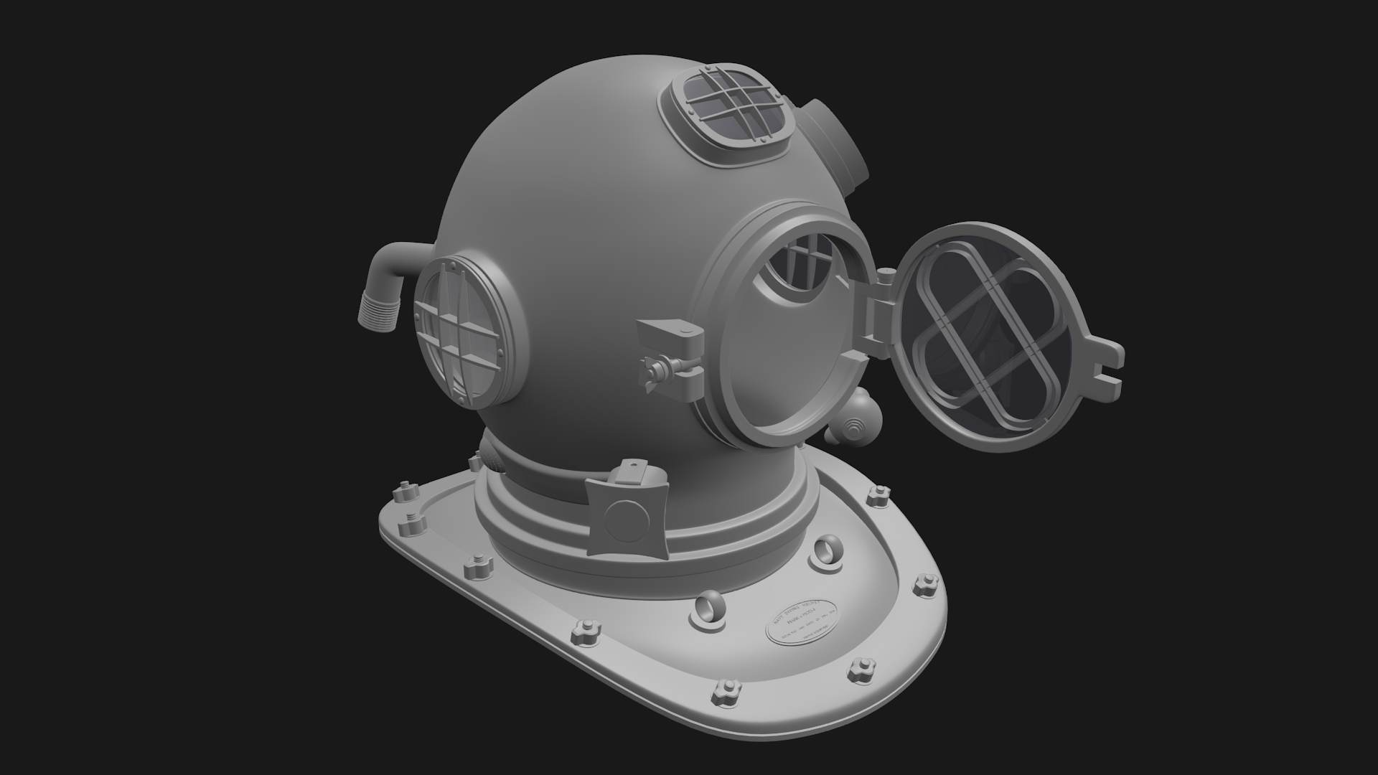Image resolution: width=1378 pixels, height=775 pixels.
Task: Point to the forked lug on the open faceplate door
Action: pyautogui.click(x=1101, y=366)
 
